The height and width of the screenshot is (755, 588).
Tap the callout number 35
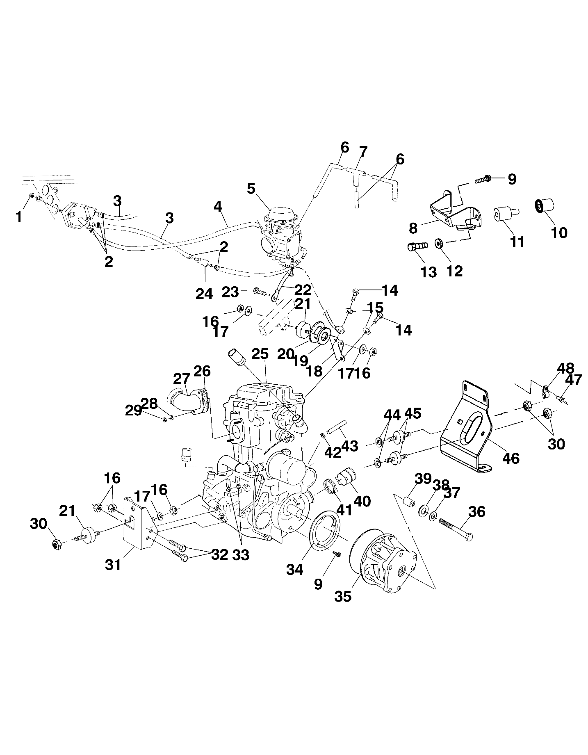[343, 596]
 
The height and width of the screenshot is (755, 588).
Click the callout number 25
[260, 354]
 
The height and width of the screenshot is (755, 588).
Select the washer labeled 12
[439, 243]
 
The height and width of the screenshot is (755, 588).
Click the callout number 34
[294, 569]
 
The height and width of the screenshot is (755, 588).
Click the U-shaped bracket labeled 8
[451, 213]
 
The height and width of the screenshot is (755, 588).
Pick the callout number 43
[350, 446]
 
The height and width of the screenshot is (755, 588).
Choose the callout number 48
[565, 368]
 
